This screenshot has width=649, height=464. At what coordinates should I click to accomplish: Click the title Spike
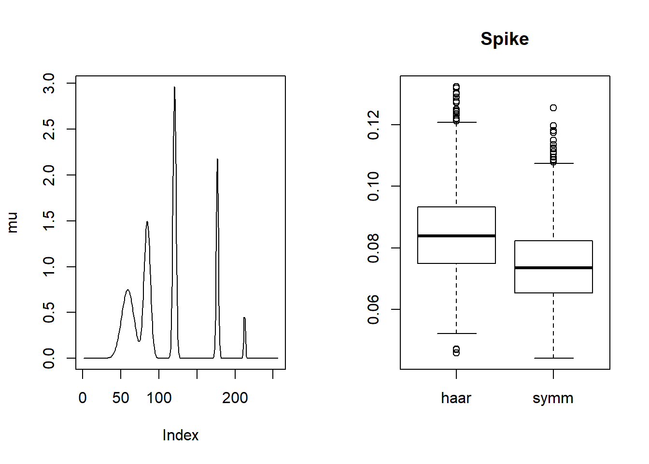505,39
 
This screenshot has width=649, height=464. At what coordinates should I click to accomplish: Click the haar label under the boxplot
456,398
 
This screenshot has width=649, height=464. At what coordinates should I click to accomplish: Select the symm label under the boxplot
553,398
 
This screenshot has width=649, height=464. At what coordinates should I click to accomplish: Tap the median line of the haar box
456,236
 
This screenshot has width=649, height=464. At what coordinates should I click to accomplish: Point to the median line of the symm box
553,267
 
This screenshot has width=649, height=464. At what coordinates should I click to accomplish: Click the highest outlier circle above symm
553,108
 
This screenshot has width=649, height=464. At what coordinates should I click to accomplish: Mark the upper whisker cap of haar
456,122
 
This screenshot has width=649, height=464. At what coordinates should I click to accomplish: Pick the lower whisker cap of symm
553,358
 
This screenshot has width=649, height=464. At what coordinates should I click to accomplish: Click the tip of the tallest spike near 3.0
174,87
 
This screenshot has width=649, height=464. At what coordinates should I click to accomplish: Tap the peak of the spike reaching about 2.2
217,159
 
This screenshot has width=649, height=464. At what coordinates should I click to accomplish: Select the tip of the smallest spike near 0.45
244,318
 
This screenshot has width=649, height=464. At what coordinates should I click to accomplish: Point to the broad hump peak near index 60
127,290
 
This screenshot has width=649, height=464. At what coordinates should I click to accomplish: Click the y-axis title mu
13,222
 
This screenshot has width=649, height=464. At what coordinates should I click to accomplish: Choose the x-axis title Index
180,435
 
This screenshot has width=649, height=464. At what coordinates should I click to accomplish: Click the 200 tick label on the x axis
235,398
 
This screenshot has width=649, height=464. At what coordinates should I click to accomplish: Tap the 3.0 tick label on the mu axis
49,83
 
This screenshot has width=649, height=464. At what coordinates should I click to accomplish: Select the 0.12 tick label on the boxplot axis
373,125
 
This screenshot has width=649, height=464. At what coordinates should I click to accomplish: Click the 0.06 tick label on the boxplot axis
373,309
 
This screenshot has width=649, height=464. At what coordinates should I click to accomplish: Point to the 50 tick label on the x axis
121,398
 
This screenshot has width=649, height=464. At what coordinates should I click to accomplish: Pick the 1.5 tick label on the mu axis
49,221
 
